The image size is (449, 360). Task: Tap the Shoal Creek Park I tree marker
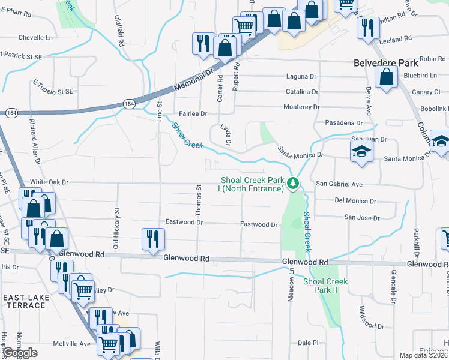pos(293,183)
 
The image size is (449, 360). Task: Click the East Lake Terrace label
pos(24,301)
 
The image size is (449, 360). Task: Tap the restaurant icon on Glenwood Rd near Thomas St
pos(153,239)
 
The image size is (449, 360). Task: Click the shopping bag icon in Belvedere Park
pos(386,76)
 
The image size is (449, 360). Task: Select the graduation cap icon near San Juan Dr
pos(362,151)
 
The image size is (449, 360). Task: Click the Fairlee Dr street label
pos(193,113)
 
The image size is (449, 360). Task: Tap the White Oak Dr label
pos(50,182)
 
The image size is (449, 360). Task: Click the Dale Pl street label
pos(308,343)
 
